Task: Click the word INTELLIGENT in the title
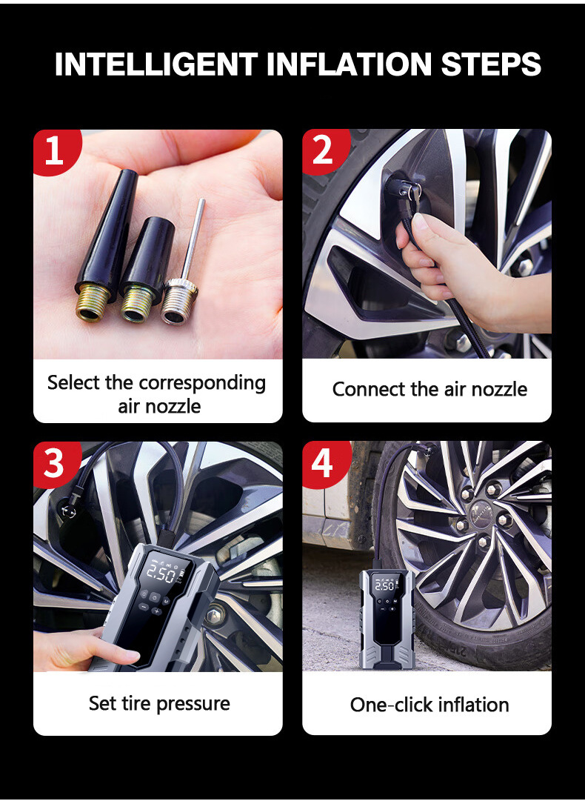click(156, 64)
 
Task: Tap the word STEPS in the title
click(490, 64)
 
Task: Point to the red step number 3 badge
click(55, 463)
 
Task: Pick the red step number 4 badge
click(324, 463)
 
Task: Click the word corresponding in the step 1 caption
click(202, 382)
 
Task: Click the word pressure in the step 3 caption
click(193, 704)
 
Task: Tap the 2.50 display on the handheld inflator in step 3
click(161, 574)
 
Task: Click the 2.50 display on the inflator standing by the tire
click(384, 585)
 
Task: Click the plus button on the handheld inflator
click(157, 611)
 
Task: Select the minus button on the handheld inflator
click(144, 606)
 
